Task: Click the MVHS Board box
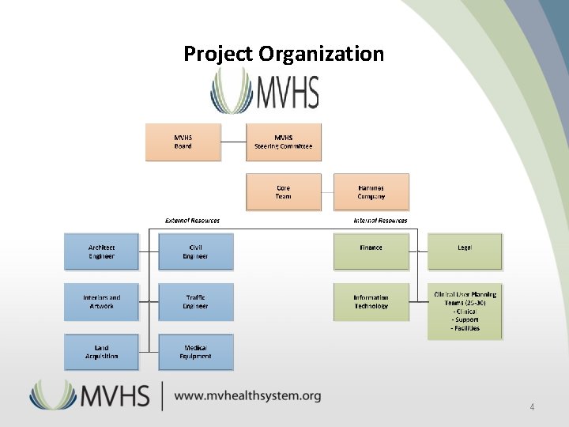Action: [183, 142]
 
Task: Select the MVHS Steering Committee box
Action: [283, 142]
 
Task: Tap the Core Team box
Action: [283, 192]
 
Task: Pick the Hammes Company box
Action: [371, 192]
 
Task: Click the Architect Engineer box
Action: [101, 251]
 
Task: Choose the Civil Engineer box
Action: [195, 251]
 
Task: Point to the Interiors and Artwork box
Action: [101, 301]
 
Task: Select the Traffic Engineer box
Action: [195, 301]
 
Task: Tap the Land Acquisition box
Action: [101, 352]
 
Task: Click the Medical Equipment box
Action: [195, 352]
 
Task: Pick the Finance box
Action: [371, 248]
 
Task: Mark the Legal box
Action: [465, 248]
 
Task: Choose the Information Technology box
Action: [371, 301]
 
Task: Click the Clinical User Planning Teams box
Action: [465, 311]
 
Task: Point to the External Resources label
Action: [192, 221]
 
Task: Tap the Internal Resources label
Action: [380, 221]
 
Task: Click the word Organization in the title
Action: [321, 54]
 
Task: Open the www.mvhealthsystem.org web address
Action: [247, 395]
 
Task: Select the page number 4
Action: [532, 407]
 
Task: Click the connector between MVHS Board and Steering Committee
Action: [233, 142]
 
